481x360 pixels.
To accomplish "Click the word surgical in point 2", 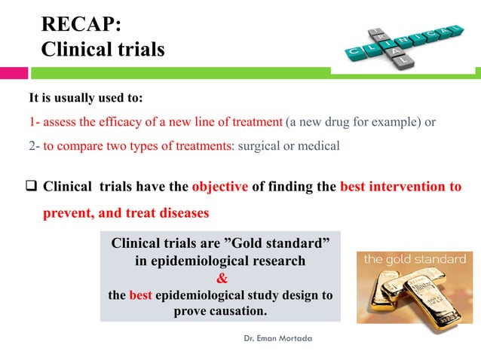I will pyautogui.click(x=262, y=146).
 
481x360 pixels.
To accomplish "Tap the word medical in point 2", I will pyautogui.click(x=320, y=146).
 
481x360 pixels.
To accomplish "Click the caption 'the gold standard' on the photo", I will pyautogui.click(x=415, y=259).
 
